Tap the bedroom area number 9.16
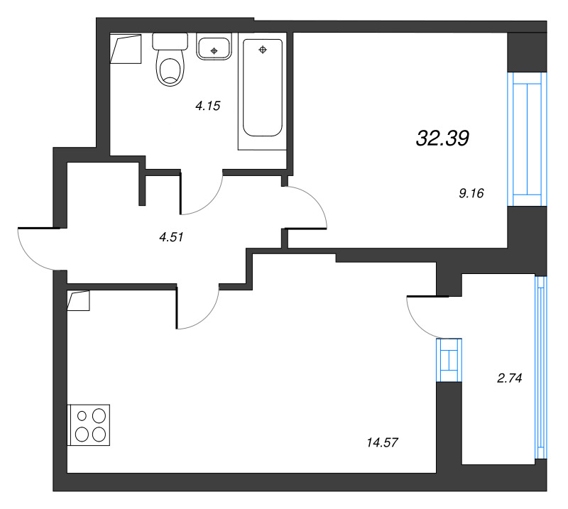tap(471, 192)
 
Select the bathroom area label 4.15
tap(209, 106)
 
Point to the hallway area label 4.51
tap(172, 238)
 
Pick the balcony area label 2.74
tap(509, 378)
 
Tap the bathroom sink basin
tap(214, 49)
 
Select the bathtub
tap(263, 89)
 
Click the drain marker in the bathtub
tap(263, 50)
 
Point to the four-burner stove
tap(89, 425)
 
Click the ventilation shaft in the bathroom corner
tap(126, 49)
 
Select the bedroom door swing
tap(307, 207)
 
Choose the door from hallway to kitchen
tap(197, 308)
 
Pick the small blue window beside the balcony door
tap(449, 360)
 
